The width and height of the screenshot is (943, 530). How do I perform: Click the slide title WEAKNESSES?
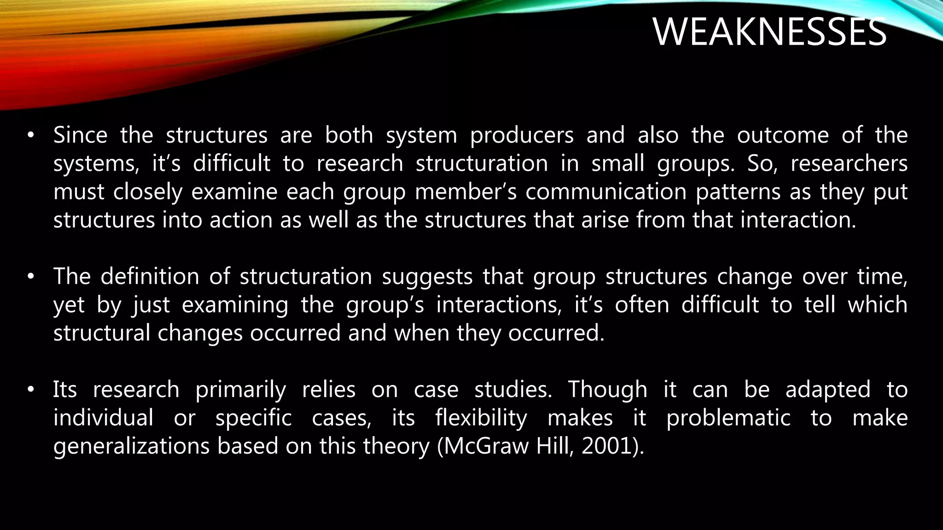(x=769, y=32)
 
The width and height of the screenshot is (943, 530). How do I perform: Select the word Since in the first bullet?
(x=80, y=135)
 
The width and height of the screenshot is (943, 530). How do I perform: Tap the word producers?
(x=522, y=135)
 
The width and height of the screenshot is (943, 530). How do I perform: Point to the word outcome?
(x=783, y=135)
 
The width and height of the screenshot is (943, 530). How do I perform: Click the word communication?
(x=606, y=192)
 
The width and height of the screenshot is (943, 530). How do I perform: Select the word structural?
(x=102, y=333)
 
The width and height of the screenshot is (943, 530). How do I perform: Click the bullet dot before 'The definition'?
(x=31, y=277)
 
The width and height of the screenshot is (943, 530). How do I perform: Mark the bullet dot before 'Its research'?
(x=31, y=390)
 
